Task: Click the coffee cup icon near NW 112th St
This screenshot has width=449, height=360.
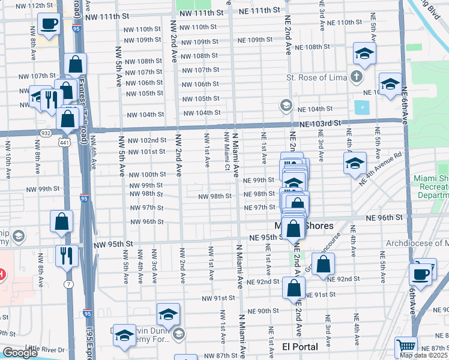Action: tap(49, 24)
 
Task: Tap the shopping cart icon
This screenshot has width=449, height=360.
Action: tap(406, 347)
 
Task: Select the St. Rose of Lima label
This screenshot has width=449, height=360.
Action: tap(315, 77)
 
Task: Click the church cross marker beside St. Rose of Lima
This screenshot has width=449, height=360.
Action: tap(357, 77)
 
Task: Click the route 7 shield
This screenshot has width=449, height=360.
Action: tap(70, 283)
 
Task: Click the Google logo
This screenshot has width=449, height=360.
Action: tap(20, 353)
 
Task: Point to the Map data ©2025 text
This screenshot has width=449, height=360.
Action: tap(424, 355)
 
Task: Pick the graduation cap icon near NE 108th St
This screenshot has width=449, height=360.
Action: tap(364, 53)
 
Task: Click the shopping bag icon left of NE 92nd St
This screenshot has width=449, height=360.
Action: tap(323, 264)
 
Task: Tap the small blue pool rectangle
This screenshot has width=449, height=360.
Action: tap(363, 108)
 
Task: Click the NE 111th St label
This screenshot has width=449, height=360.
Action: tap(259, 11)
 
